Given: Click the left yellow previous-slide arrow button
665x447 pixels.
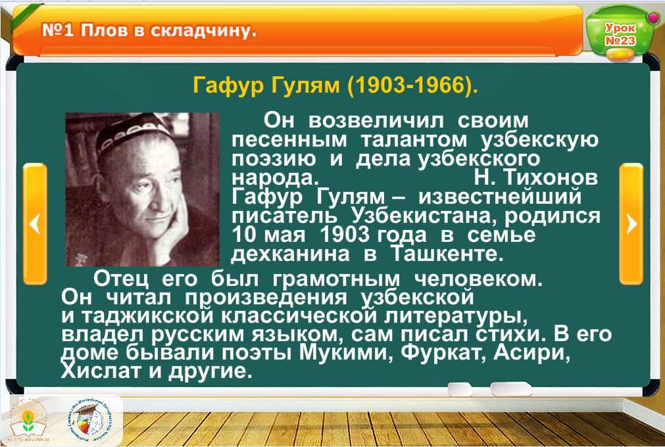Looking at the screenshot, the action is click(35, 223).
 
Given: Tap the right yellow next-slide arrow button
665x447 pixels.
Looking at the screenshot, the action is click(631, 223).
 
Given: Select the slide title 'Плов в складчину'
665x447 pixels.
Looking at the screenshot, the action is click(168, 30).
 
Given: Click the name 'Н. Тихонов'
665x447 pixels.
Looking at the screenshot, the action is click(535, 177).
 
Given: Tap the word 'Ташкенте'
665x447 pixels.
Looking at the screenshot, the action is click(447, 254).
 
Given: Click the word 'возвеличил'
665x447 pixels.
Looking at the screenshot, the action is click(376, 121).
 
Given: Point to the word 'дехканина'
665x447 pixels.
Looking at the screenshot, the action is click(291, 254).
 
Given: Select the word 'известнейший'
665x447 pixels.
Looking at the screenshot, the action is click(500, 197).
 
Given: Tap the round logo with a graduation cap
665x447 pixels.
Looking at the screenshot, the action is click(90, 421).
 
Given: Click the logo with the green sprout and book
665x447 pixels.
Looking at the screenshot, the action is click(28, 421).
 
